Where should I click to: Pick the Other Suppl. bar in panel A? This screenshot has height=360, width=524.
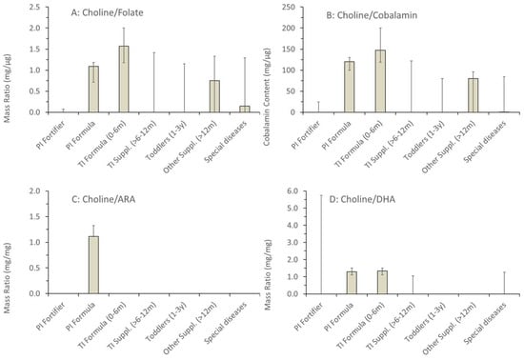[214, 96]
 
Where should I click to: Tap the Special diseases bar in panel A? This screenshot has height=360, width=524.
[245, 109]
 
